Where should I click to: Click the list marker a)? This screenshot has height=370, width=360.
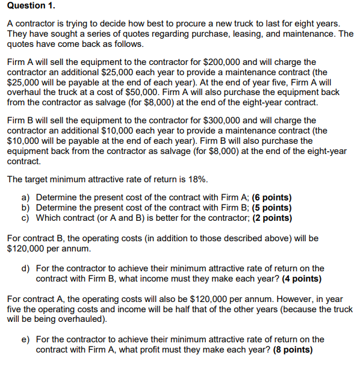point(26,197)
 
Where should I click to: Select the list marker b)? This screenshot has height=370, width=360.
point(26,208)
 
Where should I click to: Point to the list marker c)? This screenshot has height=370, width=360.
point(26,218)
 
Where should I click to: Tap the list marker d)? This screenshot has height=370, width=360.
point(26,268)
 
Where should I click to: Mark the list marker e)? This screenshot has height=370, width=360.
point(26,339)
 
